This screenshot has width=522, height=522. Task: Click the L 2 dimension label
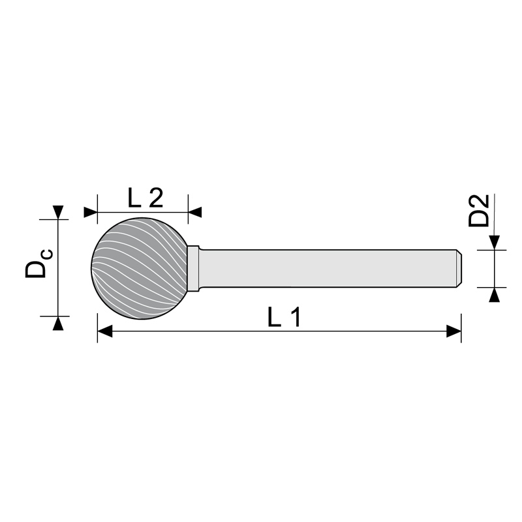coord(146,198)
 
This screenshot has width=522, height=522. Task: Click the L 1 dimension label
coord(284,317)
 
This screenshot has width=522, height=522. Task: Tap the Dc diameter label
coord(38,263)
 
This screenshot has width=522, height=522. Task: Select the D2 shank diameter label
coord(479,210)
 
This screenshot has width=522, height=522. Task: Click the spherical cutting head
coord(139,268)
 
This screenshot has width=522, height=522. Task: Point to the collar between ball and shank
coord(193,268)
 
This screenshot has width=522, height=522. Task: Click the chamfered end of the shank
coord(459,268)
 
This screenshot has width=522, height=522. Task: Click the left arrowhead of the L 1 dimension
coord(105,331)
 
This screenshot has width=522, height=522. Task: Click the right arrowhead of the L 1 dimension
coord(453,331)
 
